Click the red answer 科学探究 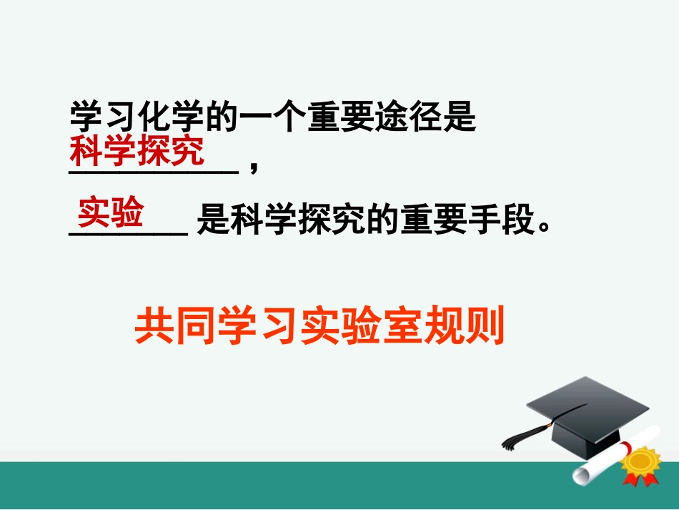point(136,152)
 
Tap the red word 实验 point(111,212)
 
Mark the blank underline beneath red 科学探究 point(153,170)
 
